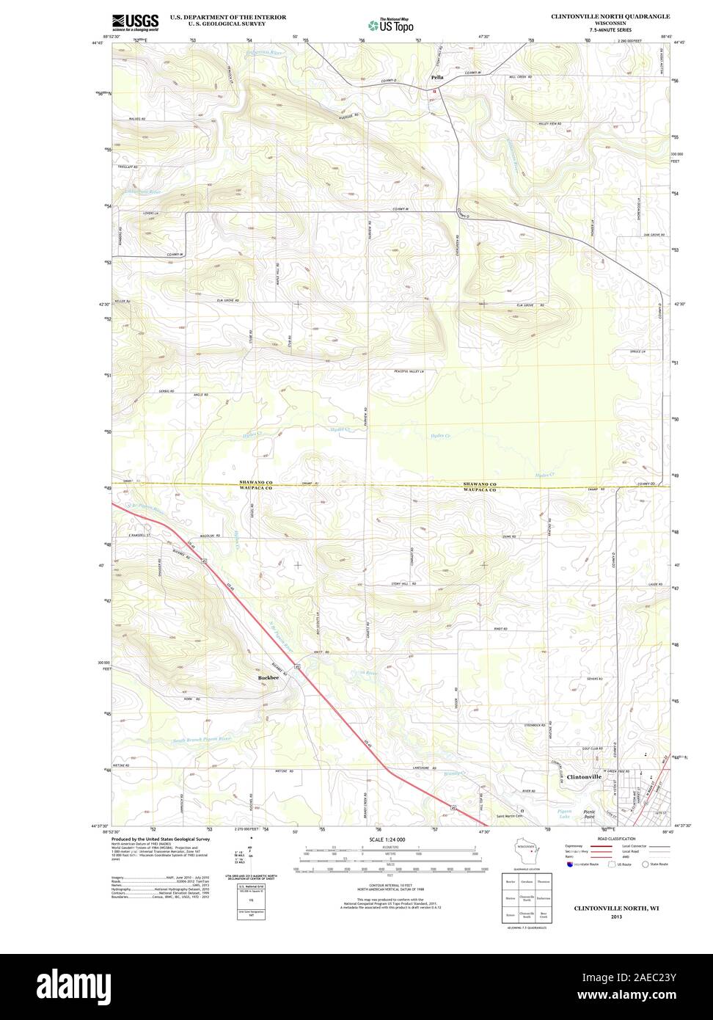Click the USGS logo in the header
click(135, 21)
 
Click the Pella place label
click(437, 77)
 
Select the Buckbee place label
click(268, 678)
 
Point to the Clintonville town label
click(585, 776)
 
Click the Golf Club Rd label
click(592, 749)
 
